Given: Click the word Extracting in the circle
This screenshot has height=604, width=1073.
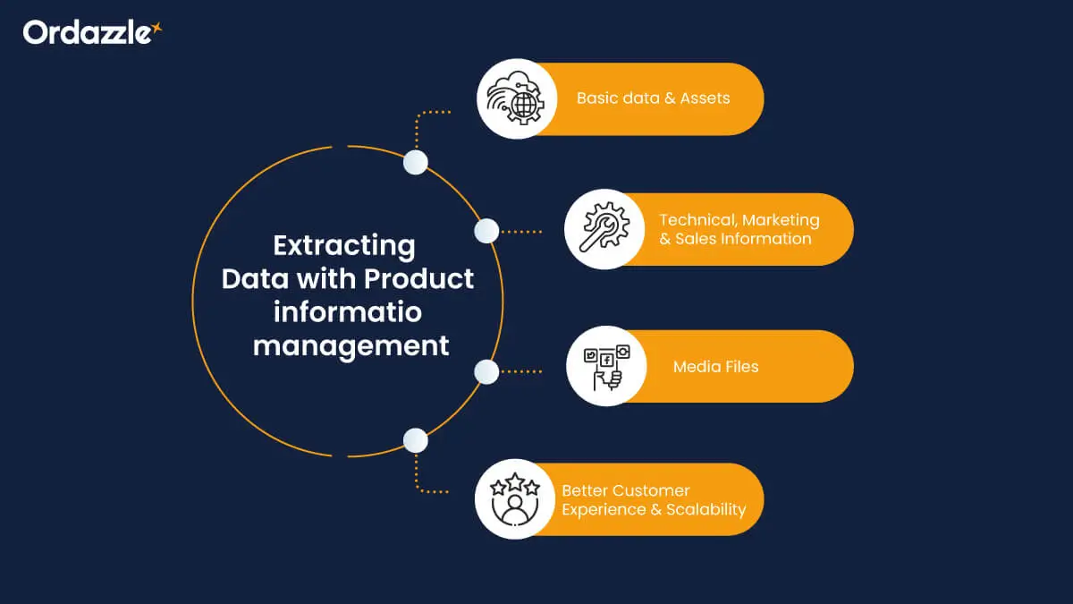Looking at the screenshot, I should (344, 245).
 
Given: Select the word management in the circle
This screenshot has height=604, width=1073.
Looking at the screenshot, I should (351, 345).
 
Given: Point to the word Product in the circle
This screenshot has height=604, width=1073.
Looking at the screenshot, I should (418, 278).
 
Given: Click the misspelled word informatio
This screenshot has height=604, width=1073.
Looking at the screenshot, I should (348, 312).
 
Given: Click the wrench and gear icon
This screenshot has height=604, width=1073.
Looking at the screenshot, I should (604, 229).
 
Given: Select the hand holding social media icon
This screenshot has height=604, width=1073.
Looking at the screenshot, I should (606, 366).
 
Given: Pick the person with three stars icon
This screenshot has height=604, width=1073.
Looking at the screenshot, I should (514, 499).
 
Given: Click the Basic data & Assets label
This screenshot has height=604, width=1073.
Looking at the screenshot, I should (653, 98).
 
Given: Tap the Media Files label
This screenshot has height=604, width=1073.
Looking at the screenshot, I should (715, 367).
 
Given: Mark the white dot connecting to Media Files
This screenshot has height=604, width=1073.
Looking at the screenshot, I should (486, 371).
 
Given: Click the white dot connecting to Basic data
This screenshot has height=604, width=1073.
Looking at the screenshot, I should (415, 162).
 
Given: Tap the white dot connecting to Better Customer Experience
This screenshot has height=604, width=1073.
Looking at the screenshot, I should (415, 440).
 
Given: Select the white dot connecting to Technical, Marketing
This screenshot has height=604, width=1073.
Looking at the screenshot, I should (486, 232).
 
